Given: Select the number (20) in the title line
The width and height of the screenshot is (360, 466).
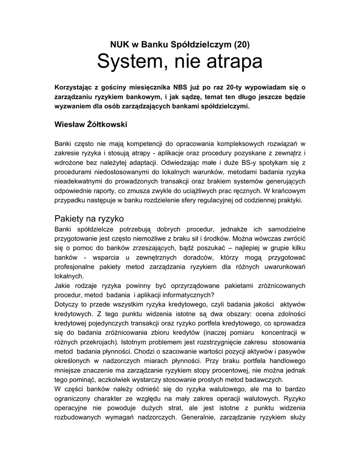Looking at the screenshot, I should [241, 45].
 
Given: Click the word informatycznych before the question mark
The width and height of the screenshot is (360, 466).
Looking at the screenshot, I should [174, 294].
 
